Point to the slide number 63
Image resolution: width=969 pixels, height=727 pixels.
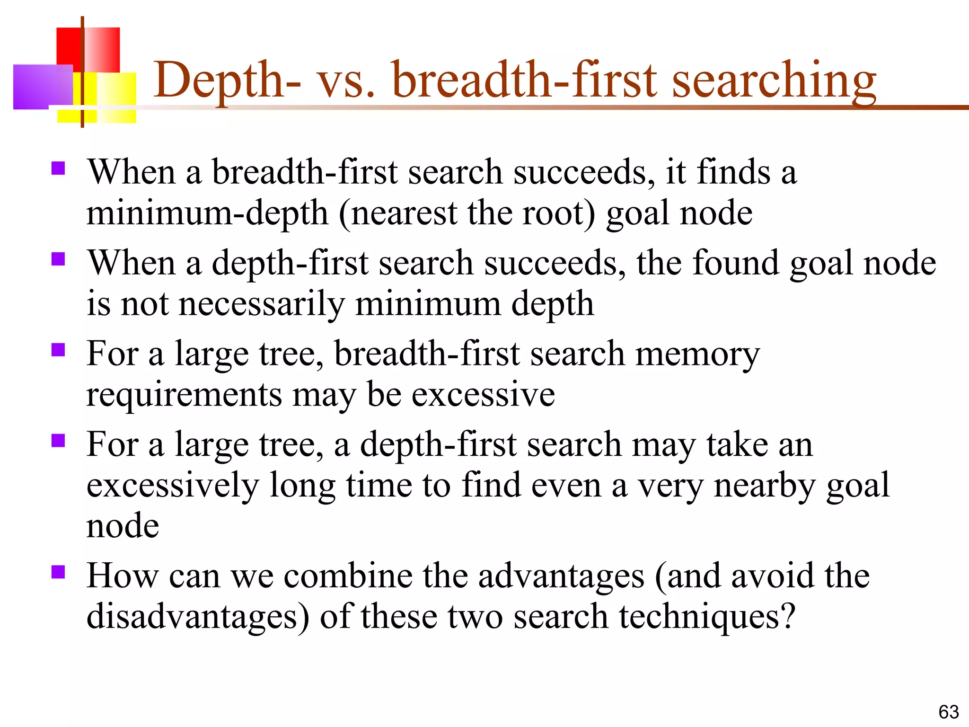948,712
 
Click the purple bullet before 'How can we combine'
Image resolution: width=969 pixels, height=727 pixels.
58,572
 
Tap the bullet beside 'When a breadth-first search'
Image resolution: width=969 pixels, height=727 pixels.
58,168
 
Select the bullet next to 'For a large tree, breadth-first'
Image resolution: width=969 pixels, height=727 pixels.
58,350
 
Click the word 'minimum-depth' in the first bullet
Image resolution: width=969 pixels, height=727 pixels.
207,213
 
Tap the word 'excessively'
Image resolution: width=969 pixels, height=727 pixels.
173,486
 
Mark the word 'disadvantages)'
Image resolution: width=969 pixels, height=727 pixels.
198,617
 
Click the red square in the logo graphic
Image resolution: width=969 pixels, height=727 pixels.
69,47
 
